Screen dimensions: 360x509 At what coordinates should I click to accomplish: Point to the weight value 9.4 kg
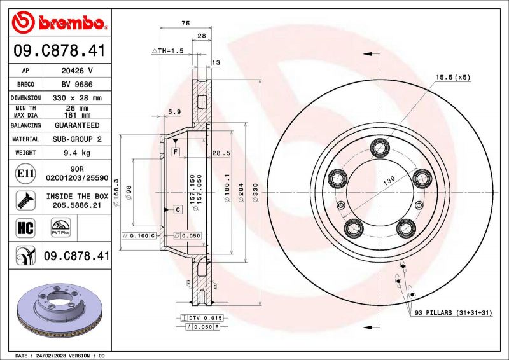coord(76,153)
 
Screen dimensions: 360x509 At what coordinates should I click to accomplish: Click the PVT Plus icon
coord(61,228)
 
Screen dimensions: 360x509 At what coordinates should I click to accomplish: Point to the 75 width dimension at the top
coord(185,23)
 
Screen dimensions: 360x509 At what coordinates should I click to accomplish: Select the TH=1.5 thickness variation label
coord(167,50)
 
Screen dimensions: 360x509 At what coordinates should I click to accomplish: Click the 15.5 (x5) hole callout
coord(452,77)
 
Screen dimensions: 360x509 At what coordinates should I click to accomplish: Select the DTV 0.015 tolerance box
coord(200,317)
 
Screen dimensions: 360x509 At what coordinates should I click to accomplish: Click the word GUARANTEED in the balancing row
coord(76,125)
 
